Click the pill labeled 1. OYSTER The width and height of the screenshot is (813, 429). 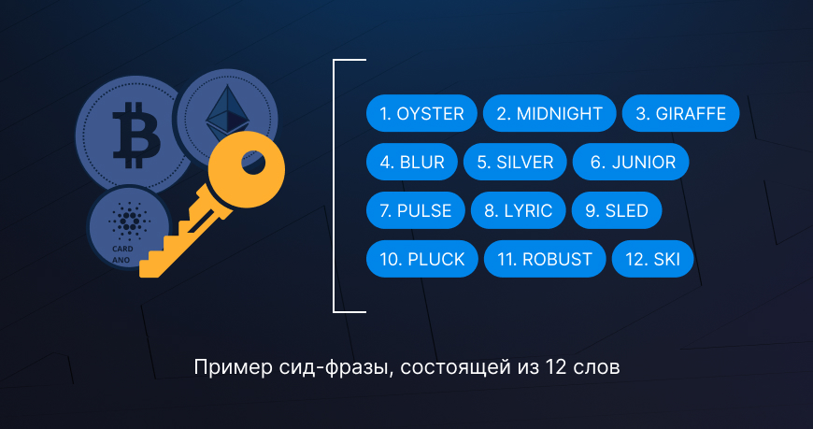tap(421, 114)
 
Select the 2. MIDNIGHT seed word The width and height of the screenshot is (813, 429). tap(549, 114)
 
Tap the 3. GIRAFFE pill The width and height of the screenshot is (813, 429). tap(680, 114)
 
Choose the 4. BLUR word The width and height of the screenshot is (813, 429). tap(412, 163)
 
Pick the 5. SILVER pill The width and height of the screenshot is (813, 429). tap(515, 163)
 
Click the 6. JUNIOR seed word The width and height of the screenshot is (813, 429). tap(632, 163)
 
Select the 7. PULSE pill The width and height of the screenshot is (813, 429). tap(416, 211)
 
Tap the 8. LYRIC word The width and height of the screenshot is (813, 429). tap(519, 211)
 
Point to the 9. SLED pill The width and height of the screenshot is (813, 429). tap(616, 211)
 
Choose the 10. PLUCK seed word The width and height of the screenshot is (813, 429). tap(421, 260)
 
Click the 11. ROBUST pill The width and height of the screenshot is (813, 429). tap(545, 260)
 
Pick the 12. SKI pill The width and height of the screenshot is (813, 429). tap(653, 260)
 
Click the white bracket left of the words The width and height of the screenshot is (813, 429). tap(335, 187)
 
